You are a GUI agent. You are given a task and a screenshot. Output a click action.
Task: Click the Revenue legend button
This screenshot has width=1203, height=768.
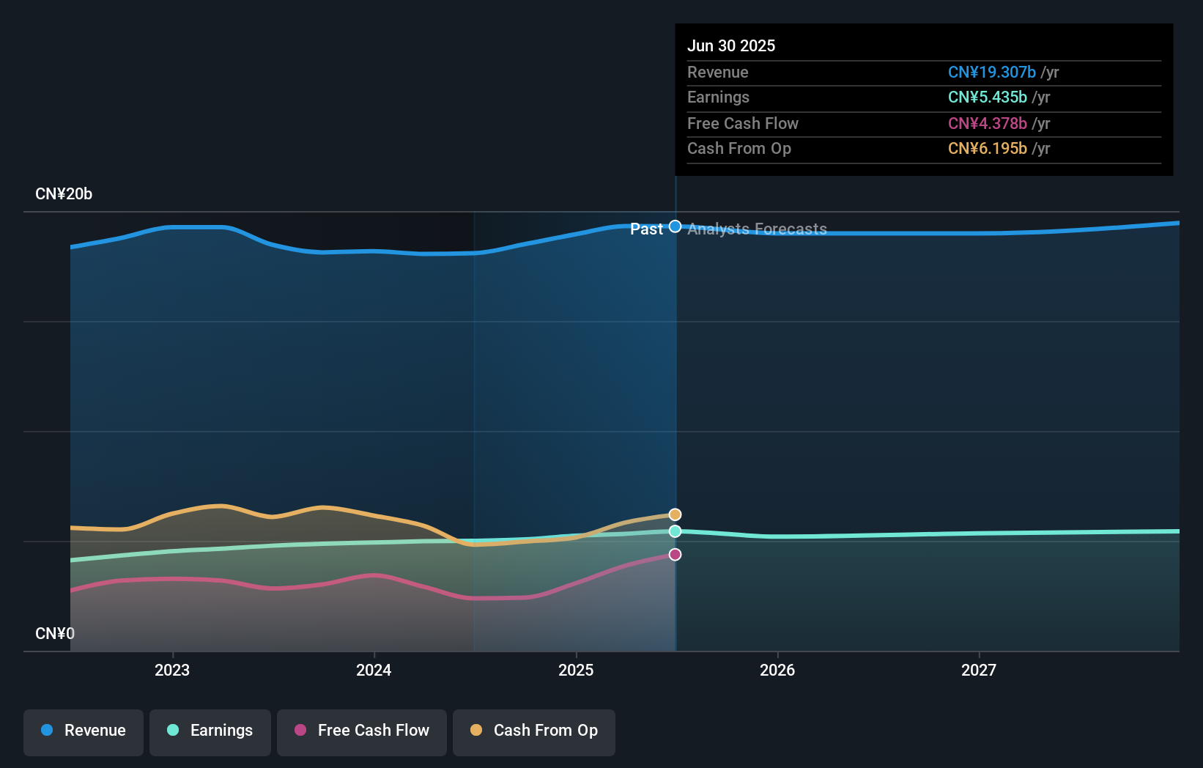84,731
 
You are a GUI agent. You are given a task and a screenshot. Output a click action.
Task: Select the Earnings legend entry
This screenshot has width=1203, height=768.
210,731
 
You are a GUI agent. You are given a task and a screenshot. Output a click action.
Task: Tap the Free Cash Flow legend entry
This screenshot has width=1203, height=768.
362,731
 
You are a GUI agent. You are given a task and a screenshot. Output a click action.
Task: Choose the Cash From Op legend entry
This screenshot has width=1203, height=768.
534,731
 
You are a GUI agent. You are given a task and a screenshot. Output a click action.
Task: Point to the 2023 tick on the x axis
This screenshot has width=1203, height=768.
172,670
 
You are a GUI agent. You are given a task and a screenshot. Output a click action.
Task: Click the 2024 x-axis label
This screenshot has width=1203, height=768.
374,670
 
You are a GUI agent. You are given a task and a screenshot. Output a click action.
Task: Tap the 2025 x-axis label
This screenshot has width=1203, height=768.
576,670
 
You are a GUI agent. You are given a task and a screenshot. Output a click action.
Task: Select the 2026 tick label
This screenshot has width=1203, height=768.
777,670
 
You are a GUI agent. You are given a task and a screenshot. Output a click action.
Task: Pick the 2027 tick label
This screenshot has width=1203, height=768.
979,670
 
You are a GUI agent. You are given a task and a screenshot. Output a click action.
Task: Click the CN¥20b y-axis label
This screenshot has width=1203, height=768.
64,194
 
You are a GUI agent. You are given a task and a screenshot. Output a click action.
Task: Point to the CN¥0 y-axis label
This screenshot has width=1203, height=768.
55,633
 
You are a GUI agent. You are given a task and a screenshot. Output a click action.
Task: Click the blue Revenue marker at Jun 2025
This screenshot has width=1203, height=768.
675,226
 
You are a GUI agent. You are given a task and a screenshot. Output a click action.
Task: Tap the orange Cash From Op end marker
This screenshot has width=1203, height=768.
675,514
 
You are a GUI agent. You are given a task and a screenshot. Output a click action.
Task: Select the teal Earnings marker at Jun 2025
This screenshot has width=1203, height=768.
675,531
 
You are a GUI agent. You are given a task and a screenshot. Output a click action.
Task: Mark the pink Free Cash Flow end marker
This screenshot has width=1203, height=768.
675,555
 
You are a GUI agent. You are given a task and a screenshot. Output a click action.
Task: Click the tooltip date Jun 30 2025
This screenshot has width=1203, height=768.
731,45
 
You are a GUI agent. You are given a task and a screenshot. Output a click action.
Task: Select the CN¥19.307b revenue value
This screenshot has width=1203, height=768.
991,72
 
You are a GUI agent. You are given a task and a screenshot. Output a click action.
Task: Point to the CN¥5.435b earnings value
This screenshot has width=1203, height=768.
987,97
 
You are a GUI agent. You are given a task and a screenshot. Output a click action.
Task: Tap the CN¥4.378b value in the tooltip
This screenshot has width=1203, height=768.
987,123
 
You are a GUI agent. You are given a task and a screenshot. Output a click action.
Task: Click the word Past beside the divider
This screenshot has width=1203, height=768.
646,229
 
